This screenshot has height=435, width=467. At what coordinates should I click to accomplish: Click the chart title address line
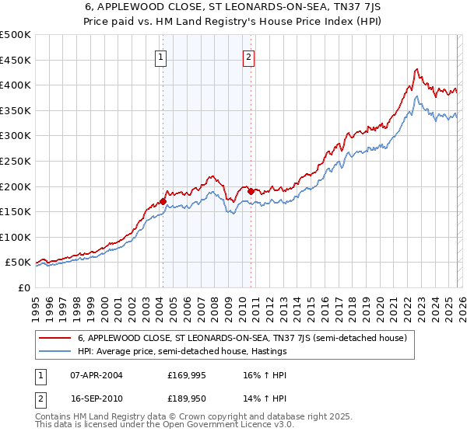233,9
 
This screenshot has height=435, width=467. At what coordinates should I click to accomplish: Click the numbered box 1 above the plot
161,56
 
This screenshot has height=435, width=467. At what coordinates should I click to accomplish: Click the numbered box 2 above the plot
248,56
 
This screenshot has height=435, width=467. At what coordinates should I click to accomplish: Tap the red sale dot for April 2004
163,201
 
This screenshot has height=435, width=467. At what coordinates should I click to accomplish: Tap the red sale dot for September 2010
251,191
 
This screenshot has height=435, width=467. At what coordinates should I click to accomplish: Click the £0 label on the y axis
23,288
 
